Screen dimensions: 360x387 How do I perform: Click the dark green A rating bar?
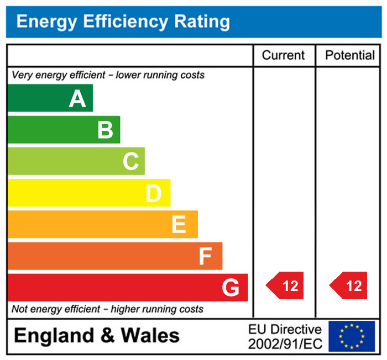[x=50, y=98]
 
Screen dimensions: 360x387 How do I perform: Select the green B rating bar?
[x=64, y=130]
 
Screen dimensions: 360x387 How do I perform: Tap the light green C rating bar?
[x=76, y=161]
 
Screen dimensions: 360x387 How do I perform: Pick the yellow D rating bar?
[x=88, y=193]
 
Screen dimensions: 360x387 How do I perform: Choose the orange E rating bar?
[x=102, y=224]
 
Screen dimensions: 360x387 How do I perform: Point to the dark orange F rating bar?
[x=114, y=256]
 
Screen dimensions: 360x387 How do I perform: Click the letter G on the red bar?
[x=231, y=288]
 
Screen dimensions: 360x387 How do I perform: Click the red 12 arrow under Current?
[x=286, y=286]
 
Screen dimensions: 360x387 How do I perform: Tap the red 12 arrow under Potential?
[x=349, y=286]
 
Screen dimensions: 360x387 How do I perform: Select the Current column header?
[x=283, y=55]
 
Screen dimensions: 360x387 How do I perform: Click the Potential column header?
[x=350, y=55]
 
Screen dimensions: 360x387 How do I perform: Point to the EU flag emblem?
[x=352, y=336]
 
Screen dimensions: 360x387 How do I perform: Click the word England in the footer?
[x=53, y=336]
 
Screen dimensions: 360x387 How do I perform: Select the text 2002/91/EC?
[x=285, y=343]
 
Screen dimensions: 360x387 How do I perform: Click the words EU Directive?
[x=285, y=330]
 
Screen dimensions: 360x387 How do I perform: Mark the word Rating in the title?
[x=202, y=22]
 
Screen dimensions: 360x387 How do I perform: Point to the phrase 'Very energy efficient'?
[x=53, y=75]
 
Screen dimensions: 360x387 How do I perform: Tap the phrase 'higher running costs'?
[x=157, y=309]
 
